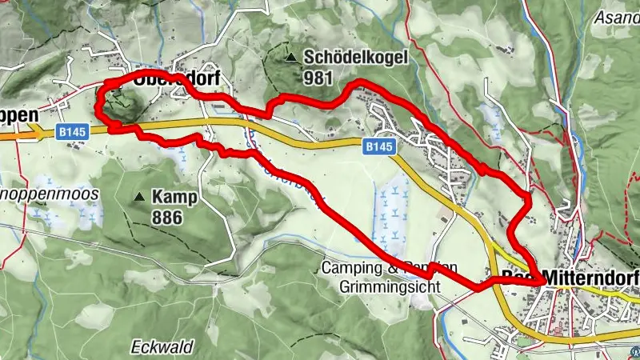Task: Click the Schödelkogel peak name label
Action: (x=356, y=58)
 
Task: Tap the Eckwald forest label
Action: (x=162, y=347)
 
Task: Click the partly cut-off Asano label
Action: (x=617, y=16)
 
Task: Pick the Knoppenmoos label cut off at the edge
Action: (x=49, y=194)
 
